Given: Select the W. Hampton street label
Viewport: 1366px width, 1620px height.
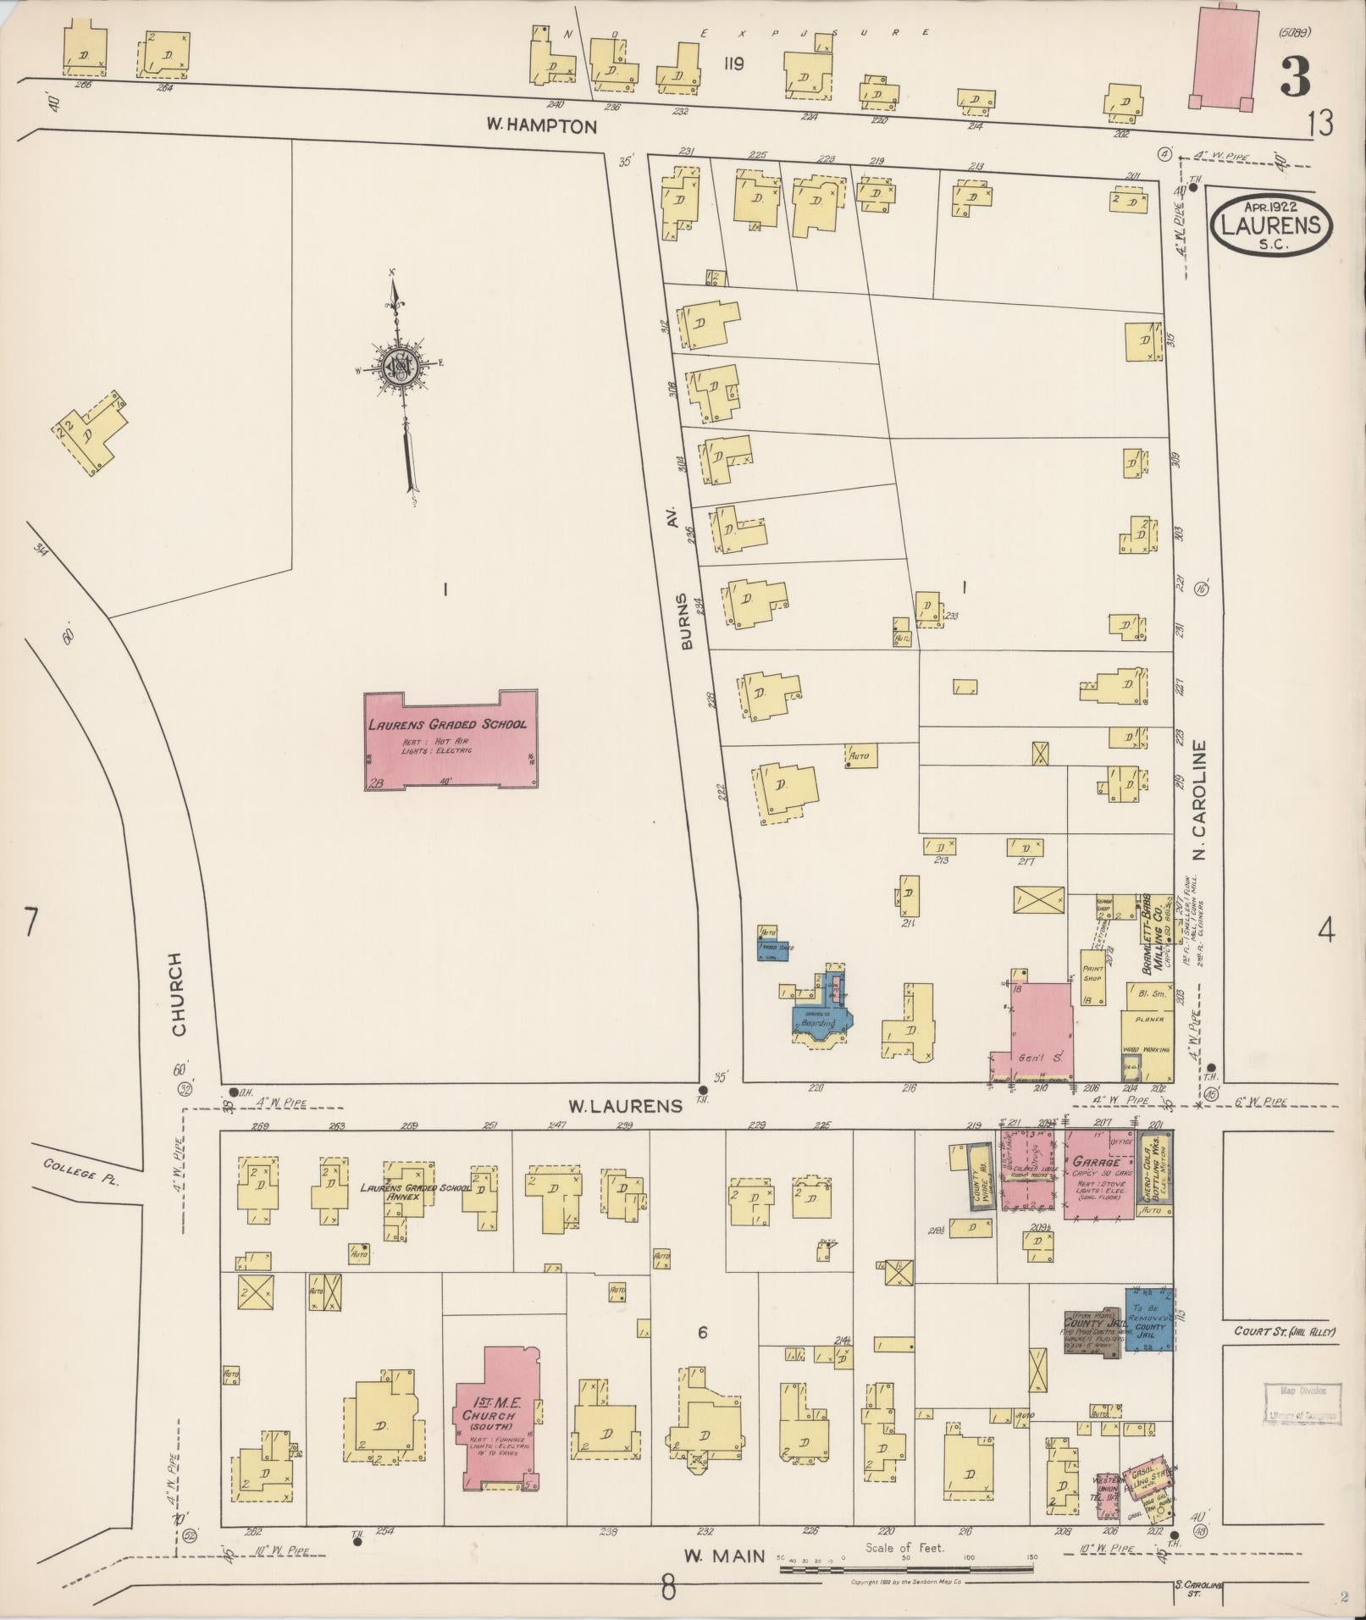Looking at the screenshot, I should (x=541, y=126).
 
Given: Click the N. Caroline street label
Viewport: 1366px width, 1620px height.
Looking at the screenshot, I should (x=1198, y=800).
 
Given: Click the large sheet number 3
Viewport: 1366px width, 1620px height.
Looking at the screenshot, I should (x=1295, y=77).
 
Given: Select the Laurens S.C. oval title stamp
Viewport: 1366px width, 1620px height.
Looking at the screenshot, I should (x=1271, y=224).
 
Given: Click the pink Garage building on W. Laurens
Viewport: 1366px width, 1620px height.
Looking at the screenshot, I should (x=1098, y=1173).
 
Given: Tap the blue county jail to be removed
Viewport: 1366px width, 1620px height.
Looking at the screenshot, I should (x=1148, y=1319).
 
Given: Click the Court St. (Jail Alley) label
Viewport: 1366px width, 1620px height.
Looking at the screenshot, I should (x=1284, y=1331).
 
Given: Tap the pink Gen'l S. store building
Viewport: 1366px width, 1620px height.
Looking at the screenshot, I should (x=1038, y=1033).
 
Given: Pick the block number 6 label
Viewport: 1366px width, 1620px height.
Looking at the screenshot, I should (x=702, y=1333).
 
